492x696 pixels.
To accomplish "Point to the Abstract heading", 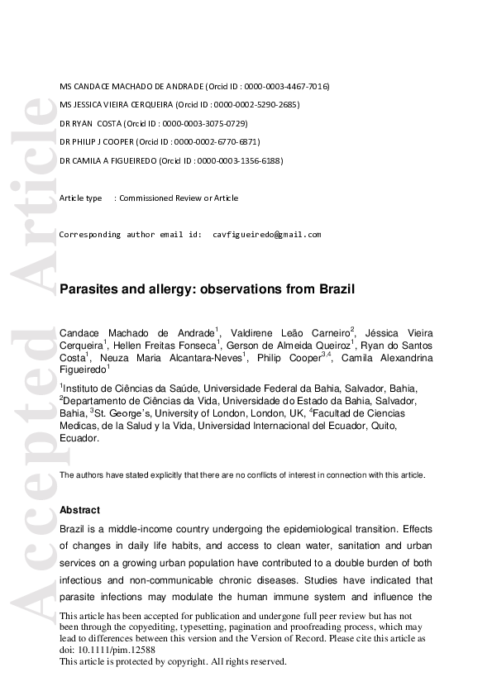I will click(x=80, y=511).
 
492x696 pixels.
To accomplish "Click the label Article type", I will click(x=81, y=198).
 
